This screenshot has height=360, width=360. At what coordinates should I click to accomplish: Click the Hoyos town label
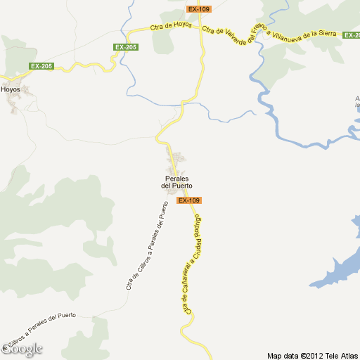pos(11,89)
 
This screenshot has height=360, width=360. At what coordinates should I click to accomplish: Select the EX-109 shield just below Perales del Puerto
pos(189,200)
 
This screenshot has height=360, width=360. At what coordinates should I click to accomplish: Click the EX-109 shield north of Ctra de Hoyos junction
pos(199,9)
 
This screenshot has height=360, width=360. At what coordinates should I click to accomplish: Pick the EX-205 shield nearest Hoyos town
pos(41,66)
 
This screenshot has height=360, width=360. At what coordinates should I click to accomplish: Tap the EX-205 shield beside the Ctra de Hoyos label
pos(126,47)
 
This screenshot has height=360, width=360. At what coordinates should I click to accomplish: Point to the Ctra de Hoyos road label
pos(171,27)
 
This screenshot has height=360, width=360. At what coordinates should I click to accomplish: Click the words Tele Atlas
pos(342,355)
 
